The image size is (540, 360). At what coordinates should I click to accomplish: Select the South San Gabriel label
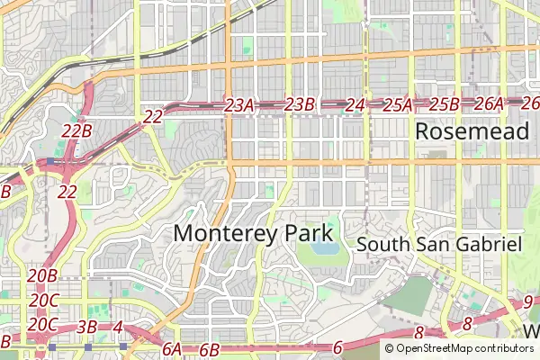(x=439, y=244)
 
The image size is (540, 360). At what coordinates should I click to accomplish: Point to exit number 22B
(x=76, y=131)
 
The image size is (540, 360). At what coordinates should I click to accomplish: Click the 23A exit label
(x=239, y=106)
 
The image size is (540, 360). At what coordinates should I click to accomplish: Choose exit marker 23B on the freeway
(x=299, y=105)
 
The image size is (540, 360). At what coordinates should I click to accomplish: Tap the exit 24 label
(x=355, y=105)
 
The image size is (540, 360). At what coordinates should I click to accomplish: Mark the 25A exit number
(x=397, y=105)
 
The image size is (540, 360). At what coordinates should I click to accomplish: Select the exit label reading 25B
(x=444, y=104)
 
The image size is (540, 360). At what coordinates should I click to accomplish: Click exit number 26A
(x=489, y=104)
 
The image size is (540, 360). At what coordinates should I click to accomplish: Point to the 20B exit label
(x=42, y=275)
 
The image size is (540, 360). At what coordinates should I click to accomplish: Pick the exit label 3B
(x=87, y=326)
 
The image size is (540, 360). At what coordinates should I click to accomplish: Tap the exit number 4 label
(x=118, y=325)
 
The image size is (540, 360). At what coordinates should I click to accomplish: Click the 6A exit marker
(x=172, y=348)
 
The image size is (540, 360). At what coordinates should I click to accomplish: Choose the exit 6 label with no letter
(x=337, y=348)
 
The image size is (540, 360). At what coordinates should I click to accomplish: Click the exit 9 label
(x=527, y=301)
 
